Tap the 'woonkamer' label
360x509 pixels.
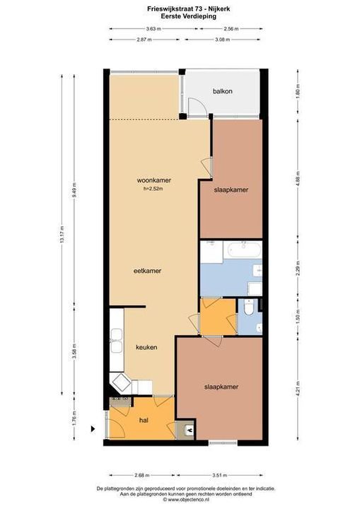tap(154, 180)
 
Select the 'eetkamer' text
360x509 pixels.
tap(148, 271)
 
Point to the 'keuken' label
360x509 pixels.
tap(146, 347)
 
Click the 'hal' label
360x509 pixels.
tap(144, 420)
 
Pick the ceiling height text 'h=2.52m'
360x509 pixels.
tap(154, 188)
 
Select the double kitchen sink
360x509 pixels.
tap(116, 347)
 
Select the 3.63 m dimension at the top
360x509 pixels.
tap(153, 29)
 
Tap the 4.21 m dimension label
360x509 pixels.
tap(298, 387)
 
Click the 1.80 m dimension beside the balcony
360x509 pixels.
tap(298, 92)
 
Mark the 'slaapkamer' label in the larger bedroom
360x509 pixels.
tap(221, 387)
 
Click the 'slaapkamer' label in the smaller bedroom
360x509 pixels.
tap(231, 189)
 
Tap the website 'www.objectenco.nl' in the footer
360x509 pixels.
tap(181, 499)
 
